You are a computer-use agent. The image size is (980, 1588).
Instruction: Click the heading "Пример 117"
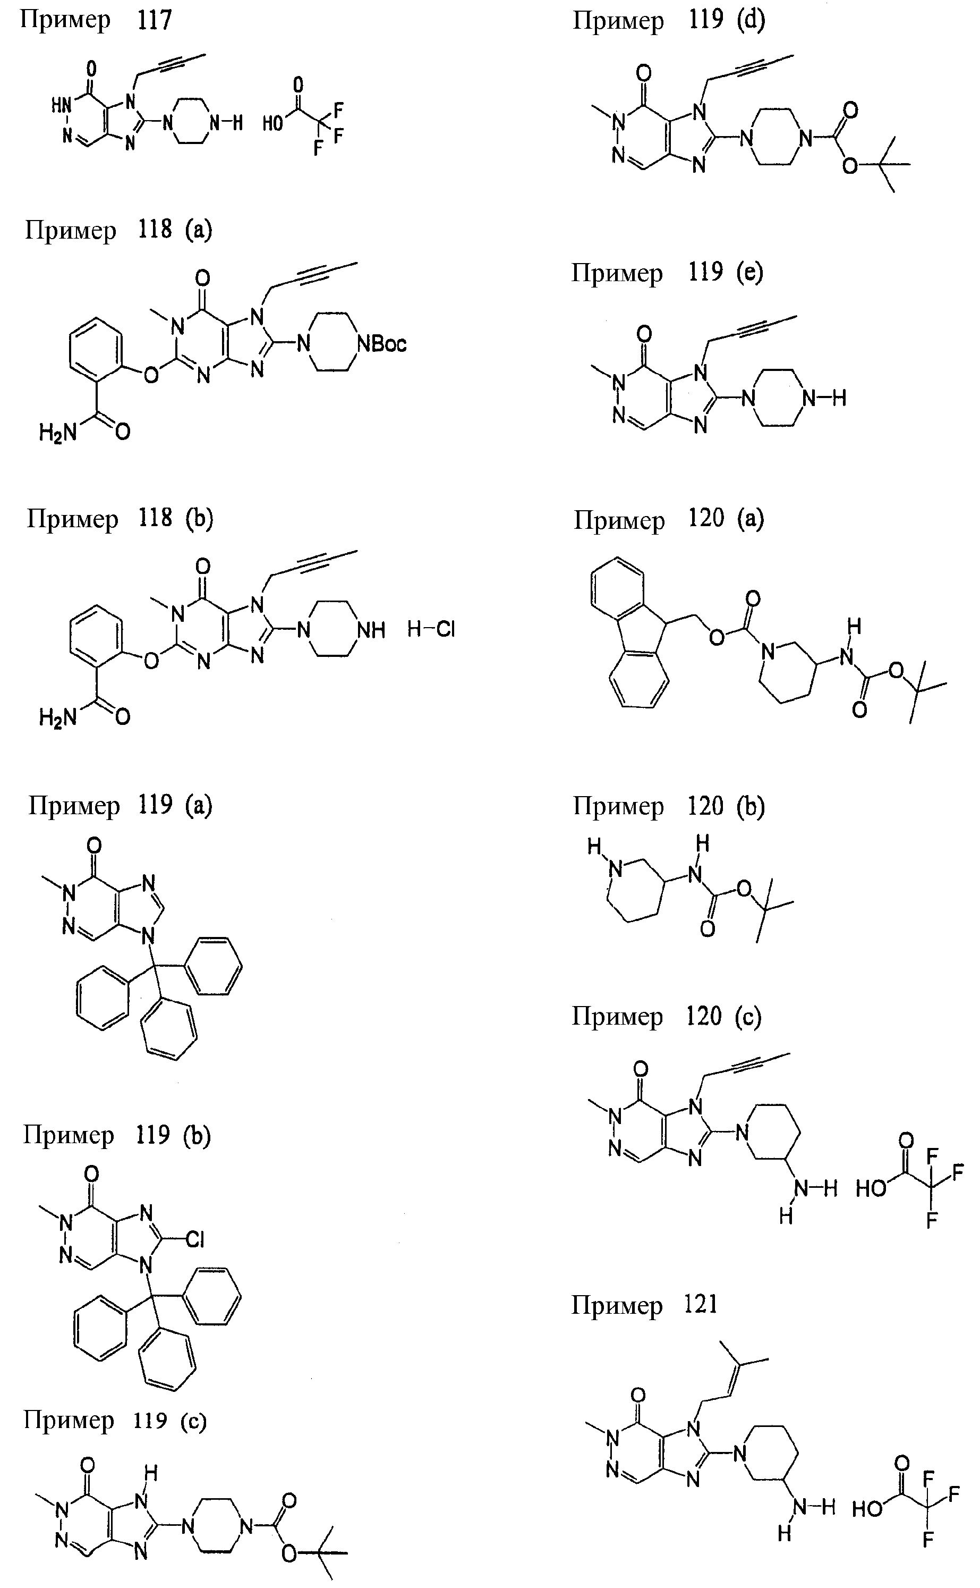tap(96, 20)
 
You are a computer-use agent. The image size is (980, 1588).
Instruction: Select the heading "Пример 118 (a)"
tap(118, 230)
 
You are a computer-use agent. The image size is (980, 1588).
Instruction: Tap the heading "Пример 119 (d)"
tap(669, 20)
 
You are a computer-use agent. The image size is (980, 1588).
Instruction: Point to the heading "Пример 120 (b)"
tap(669, 806)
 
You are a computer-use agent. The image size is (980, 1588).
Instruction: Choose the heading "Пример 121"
tap(645, 1305)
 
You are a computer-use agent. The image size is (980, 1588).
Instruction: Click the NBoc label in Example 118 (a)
tap(382, 344)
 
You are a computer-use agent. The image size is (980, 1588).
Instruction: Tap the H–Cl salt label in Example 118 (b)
tap(431, 629)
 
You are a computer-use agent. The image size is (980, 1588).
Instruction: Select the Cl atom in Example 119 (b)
tap(194, 1240)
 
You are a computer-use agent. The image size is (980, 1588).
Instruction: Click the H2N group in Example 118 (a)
tap(58, 433)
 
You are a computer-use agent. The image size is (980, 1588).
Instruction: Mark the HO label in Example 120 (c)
tap(871, 1188)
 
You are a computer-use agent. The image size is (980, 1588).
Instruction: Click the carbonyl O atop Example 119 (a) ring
tap(94, 845)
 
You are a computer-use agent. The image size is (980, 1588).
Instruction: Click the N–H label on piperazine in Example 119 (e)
tap(824, 398)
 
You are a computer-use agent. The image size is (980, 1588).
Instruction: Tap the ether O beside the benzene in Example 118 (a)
tap(151, 374)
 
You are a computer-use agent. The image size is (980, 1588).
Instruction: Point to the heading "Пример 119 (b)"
tap(117, 1135)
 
